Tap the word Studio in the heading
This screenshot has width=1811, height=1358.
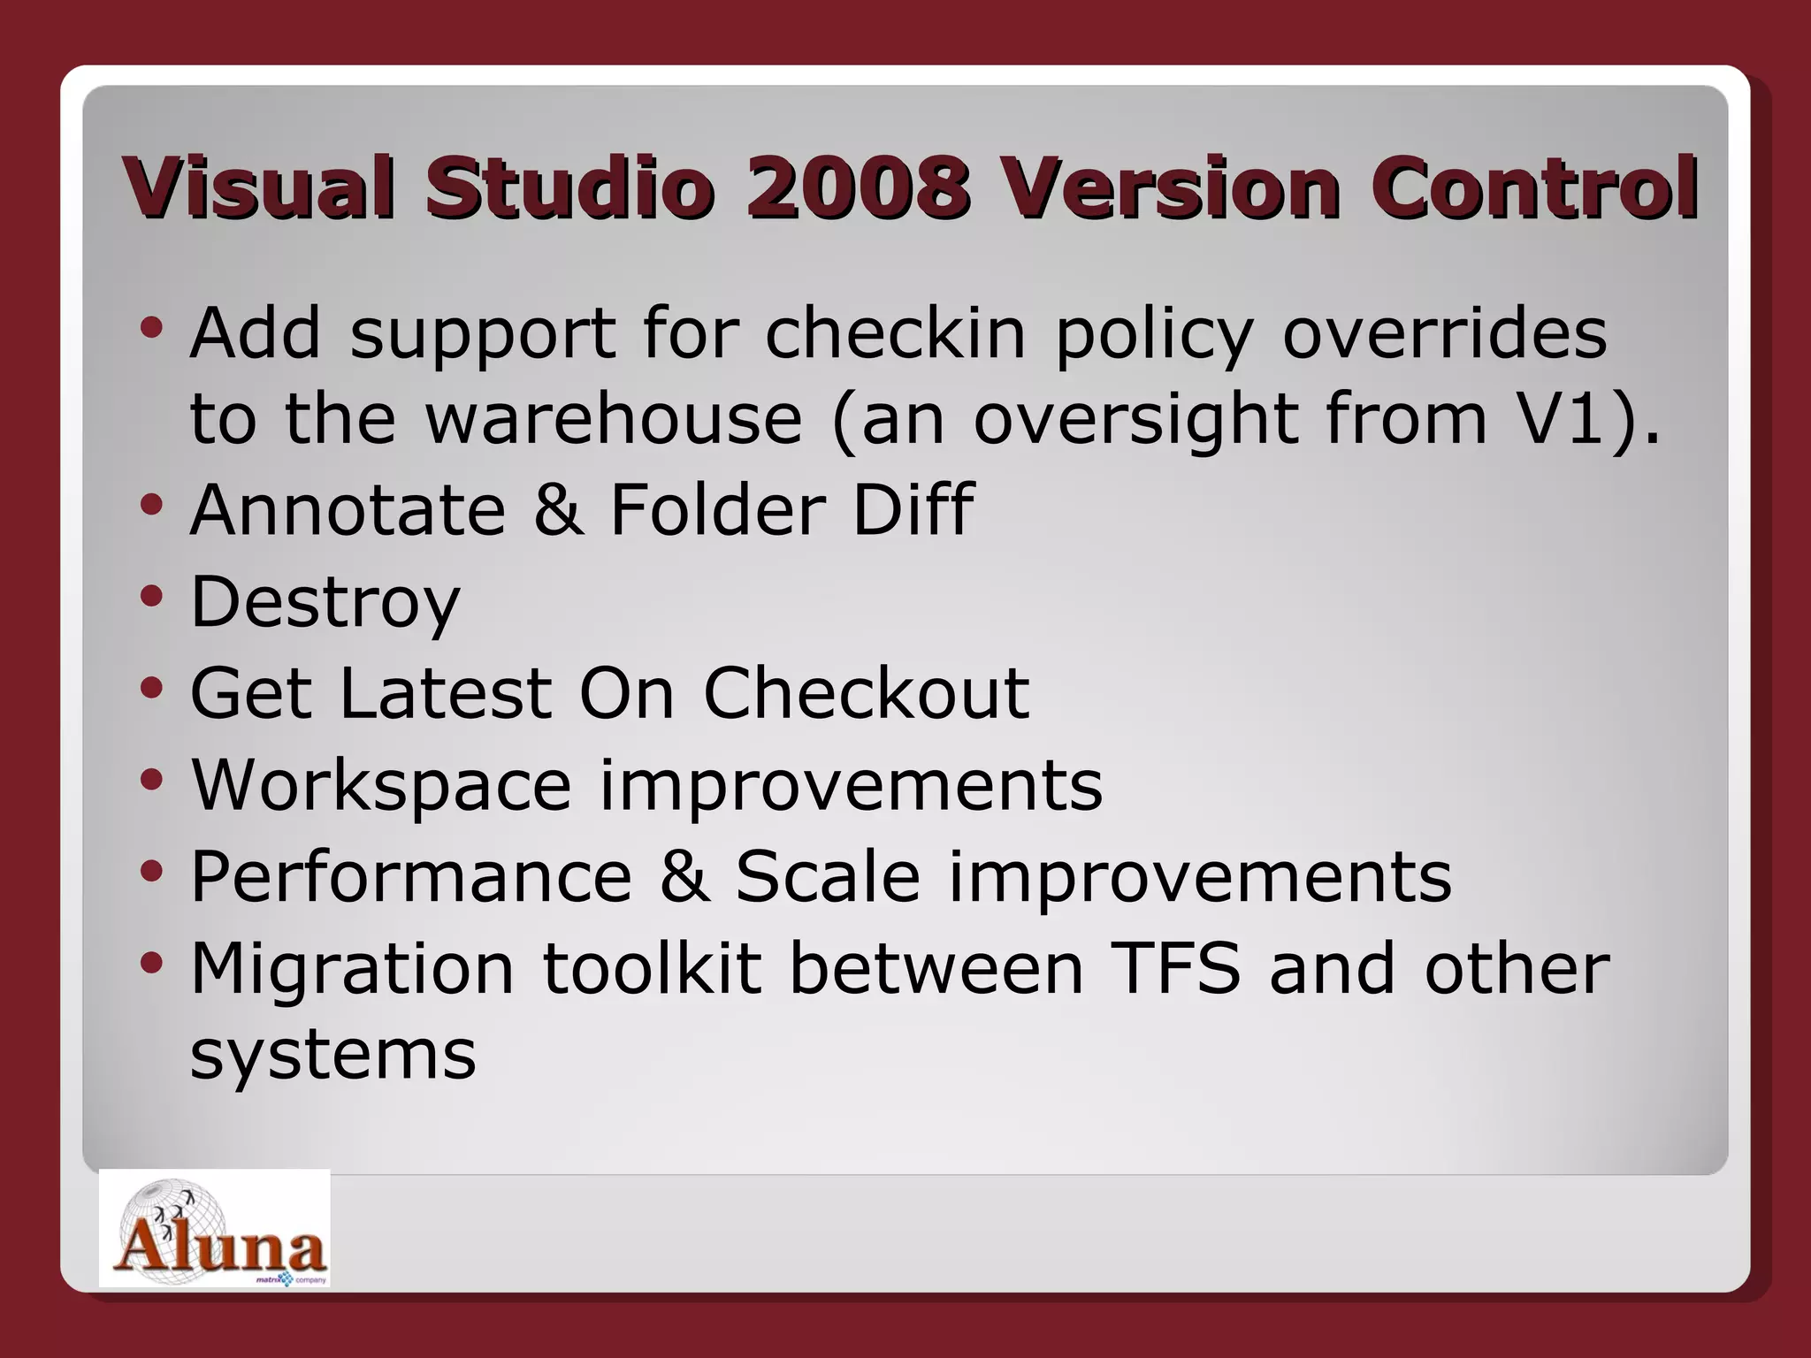click(569, 187)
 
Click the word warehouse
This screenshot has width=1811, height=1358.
click(614, 419)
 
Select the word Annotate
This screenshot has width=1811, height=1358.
click(348, 510)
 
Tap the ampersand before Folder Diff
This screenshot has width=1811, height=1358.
click(558, 510)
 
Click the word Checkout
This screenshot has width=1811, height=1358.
click(866, 693)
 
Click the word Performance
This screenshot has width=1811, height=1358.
click(411, 877)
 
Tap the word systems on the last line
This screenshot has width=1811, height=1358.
click(332, 1056)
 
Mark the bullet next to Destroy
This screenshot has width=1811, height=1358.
click(151, 598)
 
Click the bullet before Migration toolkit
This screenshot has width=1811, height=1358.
click(151, 963)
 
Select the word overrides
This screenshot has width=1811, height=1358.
click(1444, 334)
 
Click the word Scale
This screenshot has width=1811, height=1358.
click(828, 877)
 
